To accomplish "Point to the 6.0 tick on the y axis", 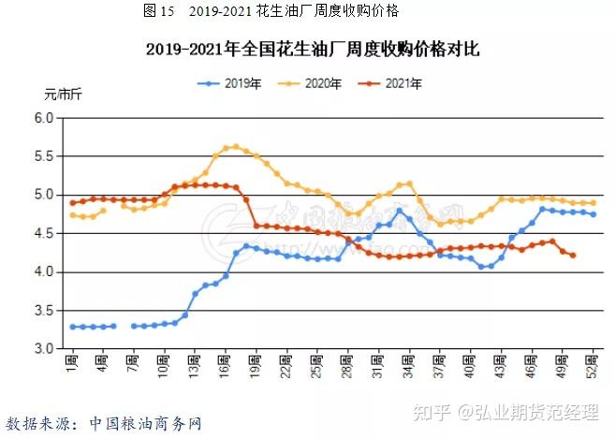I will pos(44,118).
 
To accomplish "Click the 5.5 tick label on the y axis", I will pos(44,156).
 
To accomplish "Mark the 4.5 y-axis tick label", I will pos(44,234).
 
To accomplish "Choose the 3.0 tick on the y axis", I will pos(44,349).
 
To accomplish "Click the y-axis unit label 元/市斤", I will pos(63,94).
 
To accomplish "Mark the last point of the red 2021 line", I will pos(573,256).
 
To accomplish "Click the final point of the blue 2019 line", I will pos(593,214).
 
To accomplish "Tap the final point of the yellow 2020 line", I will pos(593,203).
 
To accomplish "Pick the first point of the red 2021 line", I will pos(72,202).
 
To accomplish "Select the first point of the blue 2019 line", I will pos(72,327).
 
